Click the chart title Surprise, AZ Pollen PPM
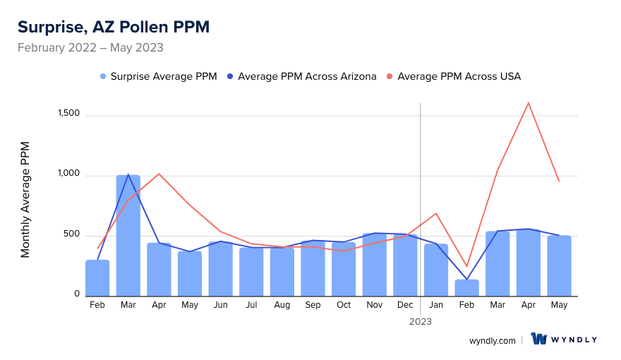point(113,27)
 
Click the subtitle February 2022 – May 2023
point(90,48)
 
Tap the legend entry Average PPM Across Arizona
point(306,76)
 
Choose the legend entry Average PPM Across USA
point(459,76)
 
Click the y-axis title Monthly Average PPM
point(25,199)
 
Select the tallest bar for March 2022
point(128,236)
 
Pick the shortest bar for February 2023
point(466,288)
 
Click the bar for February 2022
point(97,278)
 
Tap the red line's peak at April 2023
point(528,103)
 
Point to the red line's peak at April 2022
point(159,174)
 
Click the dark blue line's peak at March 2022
point(128,174)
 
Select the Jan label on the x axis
point(436,305)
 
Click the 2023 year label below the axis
point(421,321)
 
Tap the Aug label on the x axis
point(282,305)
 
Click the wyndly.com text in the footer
point(493,340)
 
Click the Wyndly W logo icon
point(539,339)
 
